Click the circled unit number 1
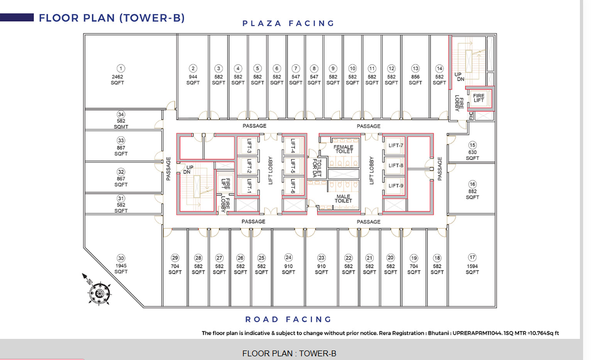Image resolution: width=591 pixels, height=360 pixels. click(x=121, y=69)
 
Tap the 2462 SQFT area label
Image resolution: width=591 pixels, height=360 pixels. click(x=117, y=79)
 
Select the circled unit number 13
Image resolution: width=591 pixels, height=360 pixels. click(x=415, y=69)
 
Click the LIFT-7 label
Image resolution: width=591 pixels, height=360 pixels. click(x=396, y=145)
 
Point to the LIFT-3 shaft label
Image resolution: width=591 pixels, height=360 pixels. click(x=249, y=146)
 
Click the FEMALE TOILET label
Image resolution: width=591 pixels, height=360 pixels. click(x=344, y=149)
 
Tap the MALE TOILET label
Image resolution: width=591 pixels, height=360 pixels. click(x=344, y=199)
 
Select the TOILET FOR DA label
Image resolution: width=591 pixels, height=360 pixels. click(x=317, y=168)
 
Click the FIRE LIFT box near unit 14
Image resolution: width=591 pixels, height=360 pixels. click(x=479, y=98)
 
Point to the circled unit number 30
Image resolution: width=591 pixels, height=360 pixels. click(x=121, y=258)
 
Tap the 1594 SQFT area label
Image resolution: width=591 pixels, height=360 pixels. click(x=472, y=269)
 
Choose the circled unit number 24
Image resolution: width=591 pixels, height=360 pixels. click(x=288, y=257)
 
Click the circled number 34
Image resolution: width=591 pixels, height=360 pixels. click(x=121, y=115)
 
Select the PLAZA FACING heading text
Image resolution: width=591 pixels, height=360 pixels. click(x=288, y=23)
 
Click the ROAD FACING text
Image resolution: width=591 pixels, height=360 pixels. click(x=288, y=320)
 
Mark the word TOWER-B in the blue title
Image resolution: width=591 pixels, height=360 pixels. click(x=152, y=18)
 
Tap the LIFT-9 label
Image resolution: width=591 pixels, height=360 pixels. click(x=396, y=186)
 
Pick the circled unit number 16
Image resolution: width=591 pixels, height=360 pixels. click(x=472, y=184)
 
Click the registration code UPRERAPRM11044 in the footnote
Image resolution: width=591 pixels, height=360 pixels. click(x=477, y=333)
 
